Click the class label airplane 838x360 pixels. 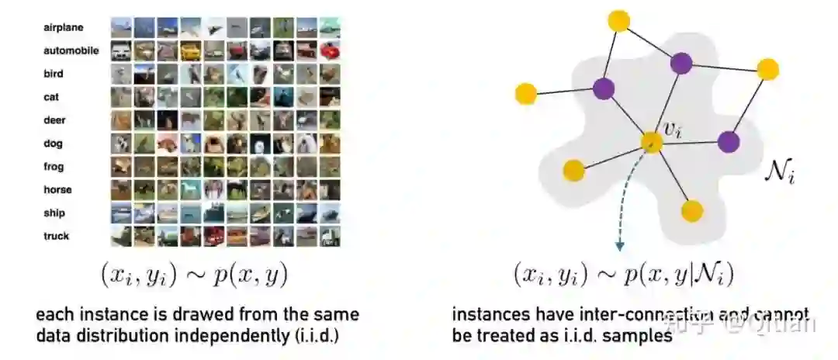(64, 28)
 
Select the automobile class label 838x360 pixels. (71, 50)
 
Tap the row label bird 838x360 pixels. (54, 74)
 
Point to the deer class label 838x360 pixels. (55, 120)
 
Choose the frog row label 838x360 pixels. (54, 167)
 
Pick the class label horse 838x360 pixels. (57, 190)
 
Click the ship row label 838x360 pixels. (55, 213)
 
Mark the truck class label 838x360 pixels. (57, 237)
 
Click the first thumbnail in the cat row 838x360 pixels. (121, 97)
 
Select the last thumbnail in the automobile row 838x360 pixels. (330, 51)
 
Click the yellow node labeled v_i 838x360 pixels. (651, 142)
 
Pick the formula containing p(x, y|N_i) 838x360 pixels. (623, 274)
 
